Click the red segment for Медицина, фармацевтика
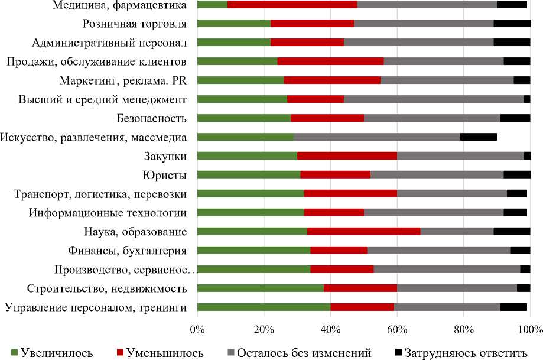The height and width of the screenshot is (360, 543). pyautogui.click(x=292, y=5)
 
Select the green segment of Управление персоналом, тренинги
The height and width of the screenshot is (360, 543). pyautogui.click(x=264, y=307)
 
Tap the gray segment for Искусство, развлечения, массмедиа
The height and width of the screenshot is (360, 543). pyautogui.click(x=377, y=137)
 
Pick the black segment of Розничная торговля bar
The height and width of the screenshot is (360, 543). pyautogui.click(x=512, y=24)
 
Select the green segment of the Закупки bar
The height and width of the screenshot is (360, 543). pyautogui.click(x=247, y=156)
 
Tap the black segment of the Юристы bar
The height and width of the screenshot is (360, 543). pyautogui.click(x=517, y=174)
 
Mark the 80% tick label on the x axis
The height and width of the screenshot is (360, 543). pyautogui.click(x=464, y=328)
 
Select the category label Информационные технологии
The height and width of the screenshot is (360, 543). pyautogui.click(x=109, y=213)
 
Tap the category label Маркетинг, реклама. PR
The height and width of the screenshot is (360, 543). pyautogui.click(x=123, y=80)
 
